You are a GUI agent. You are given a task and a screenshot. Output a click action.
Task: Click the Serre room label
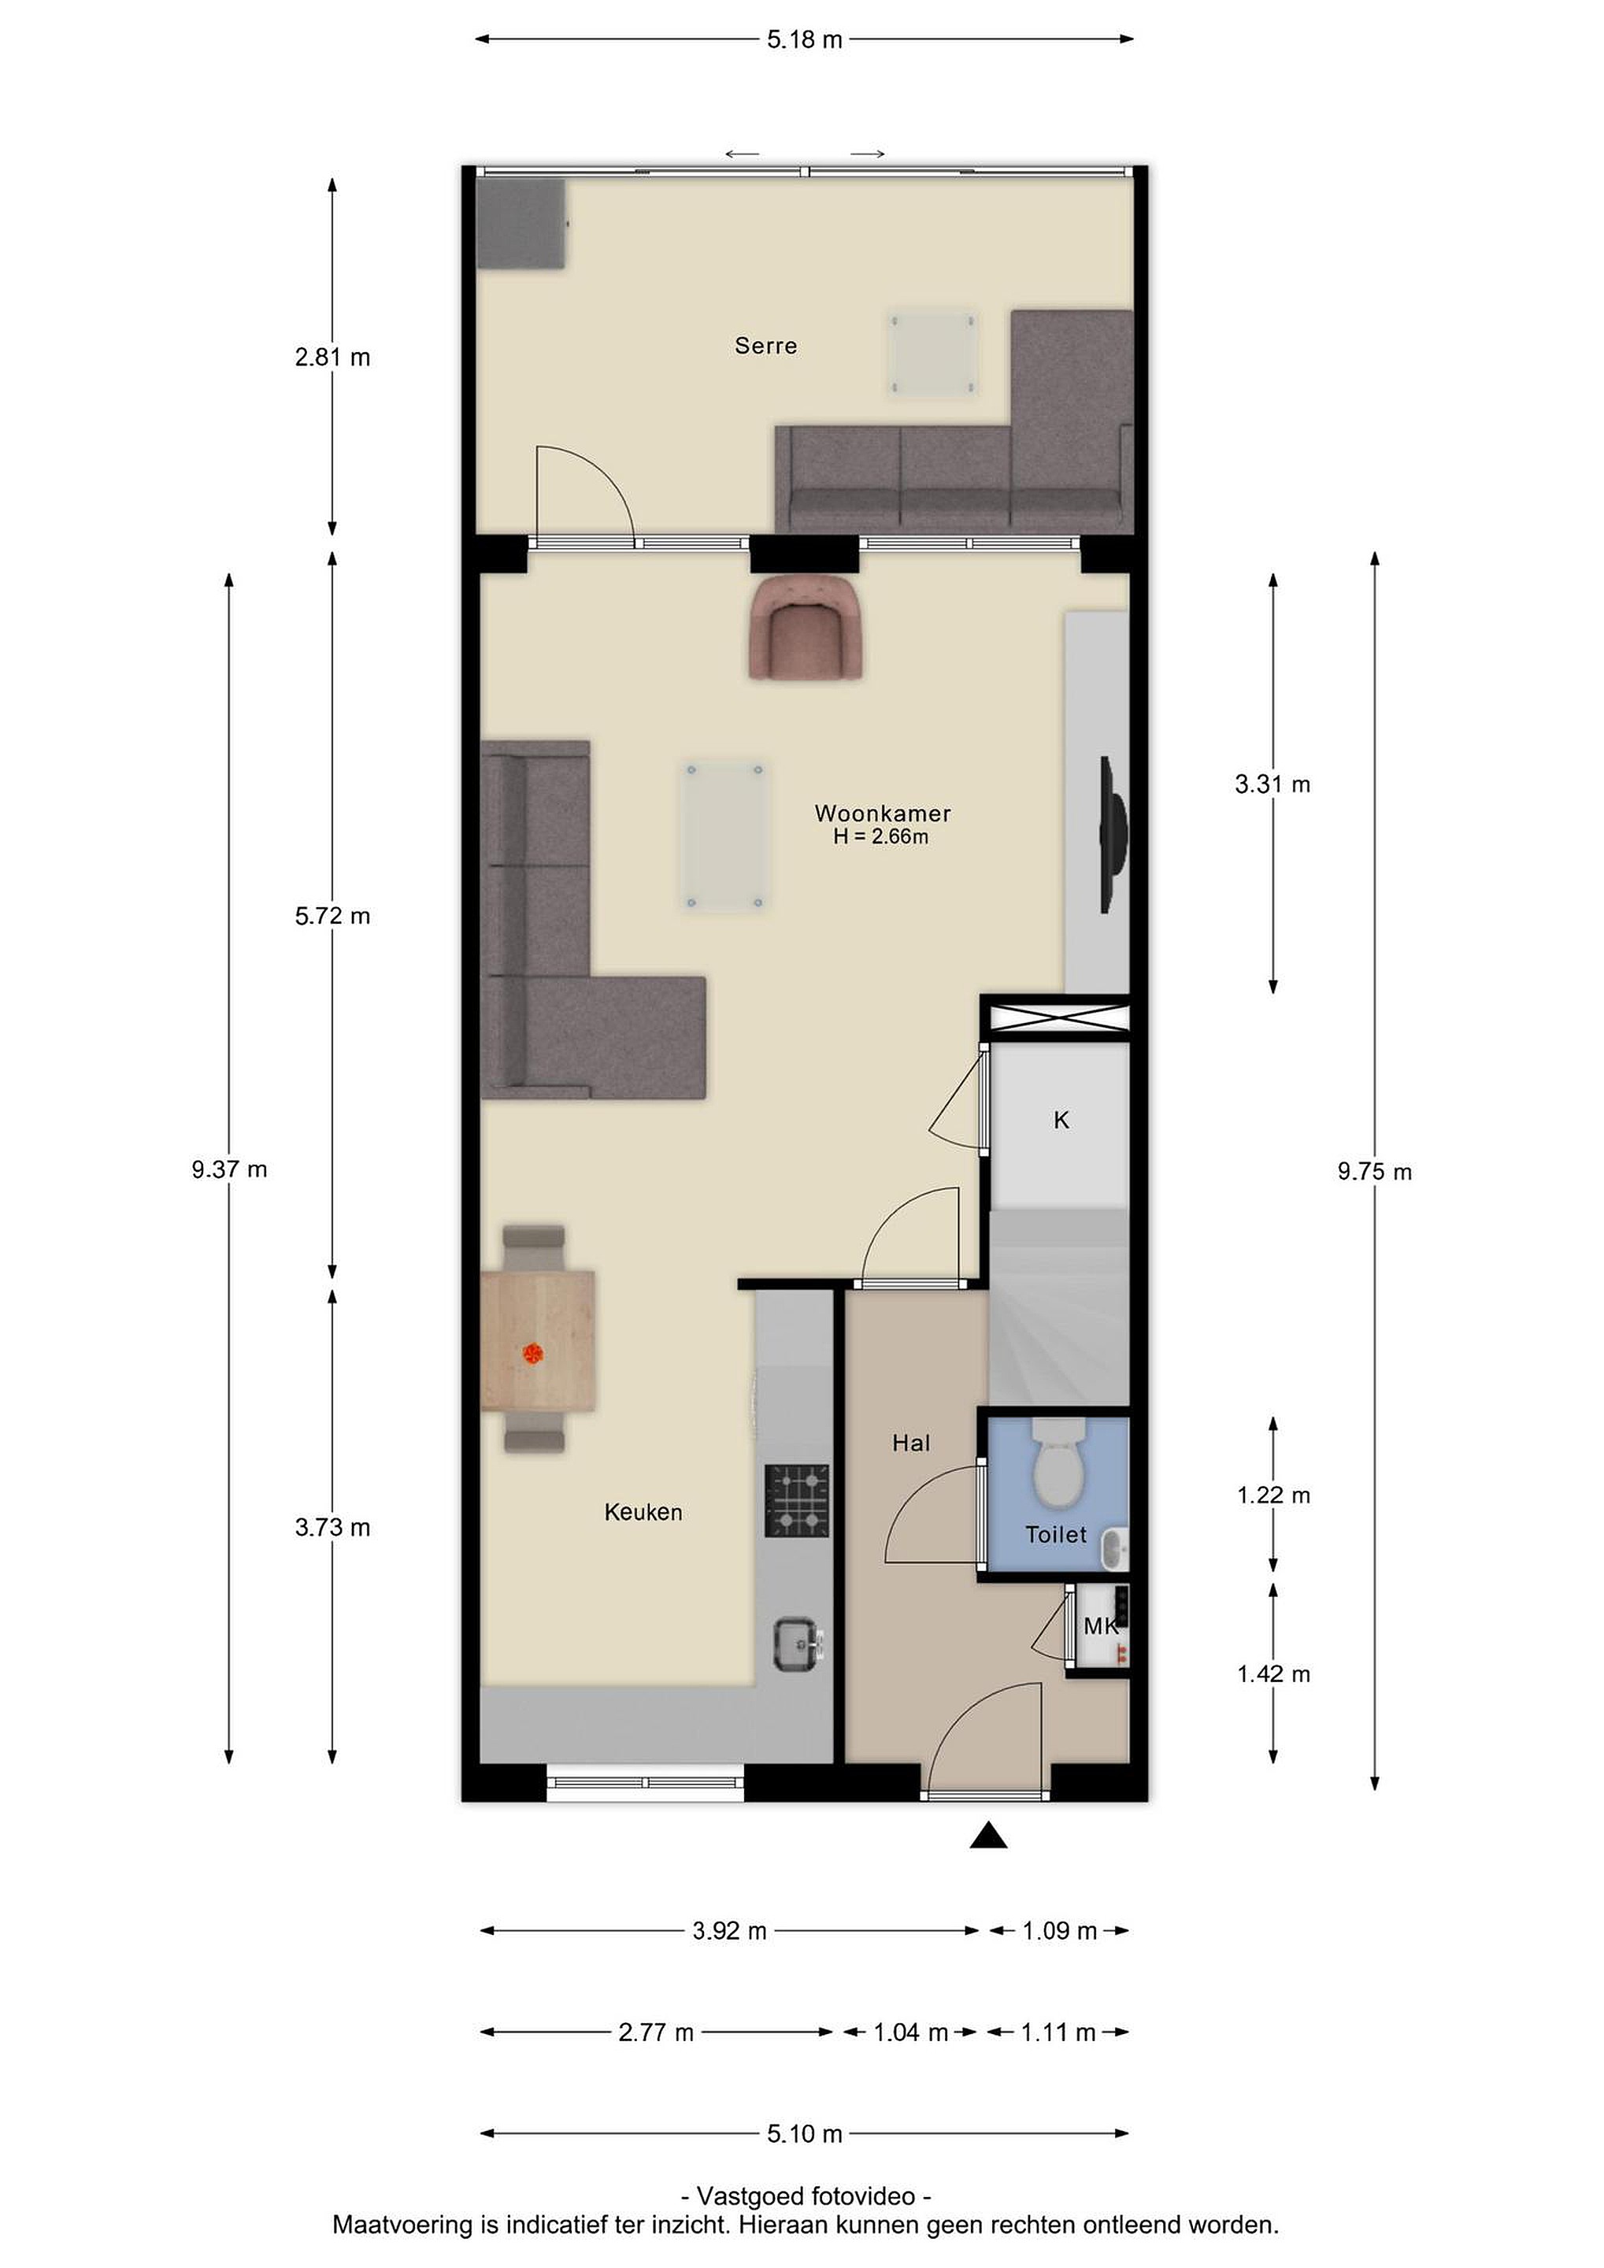point(765,346)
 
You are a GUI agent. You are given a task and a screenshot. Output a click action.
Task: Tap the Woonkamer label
point(882,813)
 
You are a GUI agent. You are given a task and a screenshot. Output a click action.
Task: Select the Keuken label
point(643,1511)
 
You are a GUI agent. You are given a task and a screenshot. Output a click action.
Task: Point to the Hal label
point(910,1443)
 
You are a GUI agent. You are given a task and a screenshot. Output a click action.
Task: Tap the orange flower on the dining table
point(533,1353)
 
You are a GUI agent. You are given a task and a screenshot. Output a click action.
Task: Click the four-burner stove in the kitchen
point(797,1500)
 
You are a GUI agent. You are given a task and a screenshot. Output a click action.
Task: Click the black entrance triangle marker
point(987,1836)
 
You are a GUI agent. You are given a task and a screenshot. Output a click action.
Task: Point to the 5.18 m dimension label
point(805,39)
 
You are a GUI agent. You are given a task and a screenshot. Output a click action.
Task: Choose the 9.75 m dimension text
point(1375,1172)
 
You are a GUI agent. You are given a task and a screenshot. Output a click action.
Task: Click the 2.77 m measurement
point(656,2032)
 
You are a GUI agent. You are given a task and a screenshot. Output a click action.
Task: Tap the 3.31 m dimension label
point(1272,784)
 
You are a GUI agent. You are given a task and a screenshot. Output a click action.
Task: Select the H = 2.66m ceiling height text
point(881,836)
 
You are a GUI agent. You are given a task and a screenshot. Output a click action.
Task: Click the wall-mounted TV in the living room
point(1113,835)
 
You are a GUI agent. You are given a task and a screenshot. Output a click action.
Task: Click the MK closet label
point(1100,1626)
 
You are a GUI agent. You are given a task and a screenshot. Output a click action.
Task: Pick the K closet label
point(1061,1119)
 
